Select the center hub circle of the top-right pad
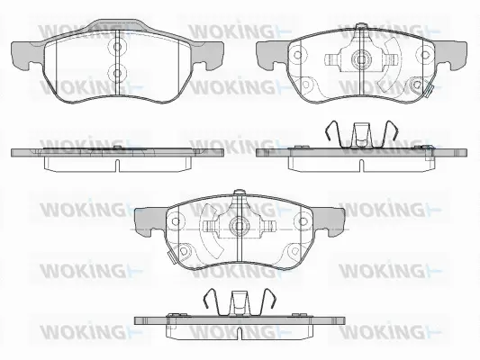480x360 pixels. click(362, 61)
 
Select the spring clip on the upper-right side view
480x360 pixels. click(360, 136)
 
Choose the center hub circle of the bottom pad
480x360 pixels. click(239, 226)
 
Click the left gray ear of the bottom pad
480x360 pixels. click(147, 219)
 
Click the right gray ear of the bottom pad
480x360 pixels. click(331, 219)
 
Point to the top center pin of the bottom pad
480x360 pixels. click(239, 193)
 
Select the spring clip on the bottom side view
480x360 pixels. click(240, 303)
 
